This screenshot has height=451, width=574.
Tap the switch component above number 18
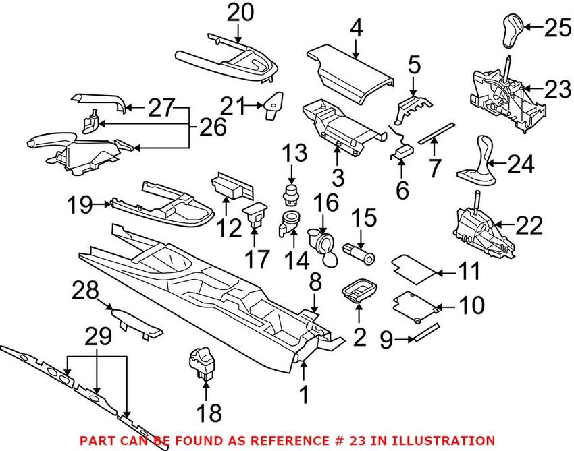pos(201,361)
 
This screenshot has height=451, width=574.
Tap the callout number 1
pos(305,392)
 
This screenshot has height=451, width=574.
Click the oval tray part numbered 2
pos(359,292)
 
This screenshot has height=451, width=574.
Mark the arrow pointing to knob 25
pos(533,28)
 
